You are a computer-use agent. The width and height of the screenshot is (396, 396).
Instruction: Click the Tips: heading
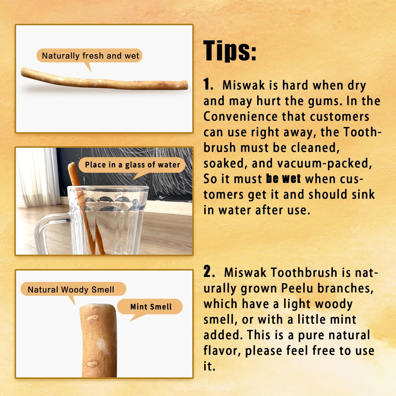(x=230, y=51)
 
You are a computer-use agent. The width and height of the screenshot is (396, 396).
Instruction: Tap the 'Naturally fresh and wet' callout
(x=90, y=56)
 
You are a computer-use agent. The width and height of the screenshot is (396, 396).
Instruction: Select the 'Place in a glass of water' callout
(x=132, y=165)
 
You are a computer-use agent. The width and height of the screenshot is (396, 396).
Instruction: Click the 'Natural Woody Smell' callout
(x=71, y=289)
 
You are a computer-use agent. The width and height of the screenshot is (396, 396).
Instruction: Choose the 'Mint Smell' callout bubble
(x=151, y=307)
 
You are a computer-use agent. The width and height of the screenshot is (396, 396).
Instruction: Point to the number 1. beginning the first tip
(x=208, y=84)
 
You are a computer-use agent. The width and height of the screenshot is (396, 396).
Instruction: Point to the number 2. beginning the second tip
(x=209, y=272)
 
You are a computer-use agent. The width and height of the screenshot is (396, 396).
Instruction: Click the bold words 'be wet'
(x=283, y=179)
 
